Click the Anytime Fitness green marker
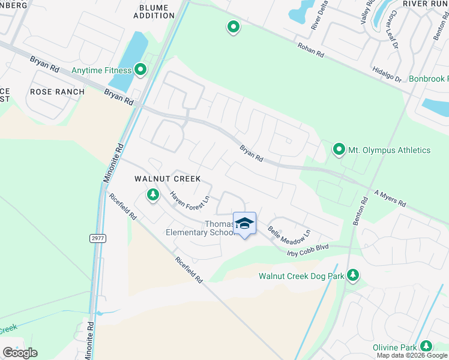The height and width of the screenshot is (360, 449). tap(140, 70)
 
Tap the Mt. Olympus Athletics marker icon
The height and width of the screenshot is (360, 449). tap(339, 149)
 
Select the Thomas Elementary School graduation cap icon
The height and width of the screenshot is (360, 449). tap(244, 224)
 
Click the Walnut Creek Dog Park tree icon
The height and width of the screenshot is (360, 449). tap(354, 276)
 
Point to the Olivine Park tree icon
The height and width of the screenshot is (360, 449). tap(426, 347)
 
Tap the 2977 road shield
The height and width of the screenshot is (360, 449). tap(97, 238)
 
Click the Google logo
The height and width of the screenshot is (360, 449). tap(20, 353)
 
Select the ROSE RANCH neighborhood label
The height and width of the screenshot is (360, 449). tap(50, 92)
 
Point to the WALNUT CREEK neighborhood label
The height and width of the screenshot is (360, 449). tap(167, 179)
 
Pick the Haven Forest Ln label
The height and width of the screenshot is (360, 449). tap(189, 200)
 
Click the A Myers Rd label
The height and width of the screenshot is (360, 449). tap(391, 199)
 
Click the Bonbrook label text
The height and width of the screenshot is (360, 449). tap(428, 79)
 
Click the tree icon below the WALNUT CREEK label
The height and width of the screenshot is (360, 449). tap(153, 194)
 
